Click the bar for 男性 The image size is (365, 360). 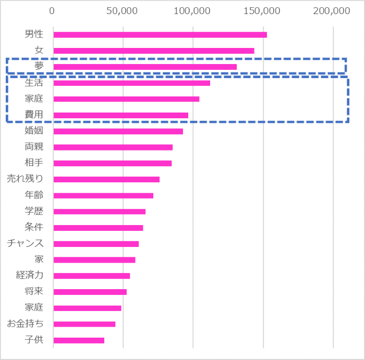(160, 35)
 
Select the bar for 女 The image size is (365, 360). (154, 51)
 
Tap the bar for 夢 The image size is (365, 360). (145, 67)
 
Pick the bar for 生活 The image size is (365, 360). (132, 83)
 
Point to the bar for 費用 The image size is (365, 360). (121, 115)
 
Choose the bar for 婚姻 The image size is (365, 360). (118, 131)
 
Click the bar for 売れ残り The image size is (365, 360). (106, 179)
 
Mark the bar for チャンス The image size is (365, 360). (96, 244)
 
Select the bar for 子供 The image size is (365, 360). (79, 340)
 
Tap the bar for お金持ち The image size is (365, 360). (84, 324)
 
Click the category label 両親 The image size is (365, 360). (34, 147)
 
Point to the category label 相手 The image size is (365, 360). (34, 163)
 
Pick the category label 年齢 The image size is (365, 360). (34, 195)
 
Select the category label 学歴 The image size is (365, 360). (34, 211)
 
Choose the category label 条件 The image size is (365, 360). (34, 227)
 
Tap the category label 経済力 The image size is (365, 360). (30, 275)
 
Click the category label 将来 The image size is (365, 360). (34, 291)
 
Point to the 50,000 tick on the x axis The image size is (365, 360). (123, 11)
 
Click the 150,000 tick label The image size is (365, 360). (262, 11)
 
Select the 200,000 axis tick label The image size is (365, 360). (332, 11)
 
